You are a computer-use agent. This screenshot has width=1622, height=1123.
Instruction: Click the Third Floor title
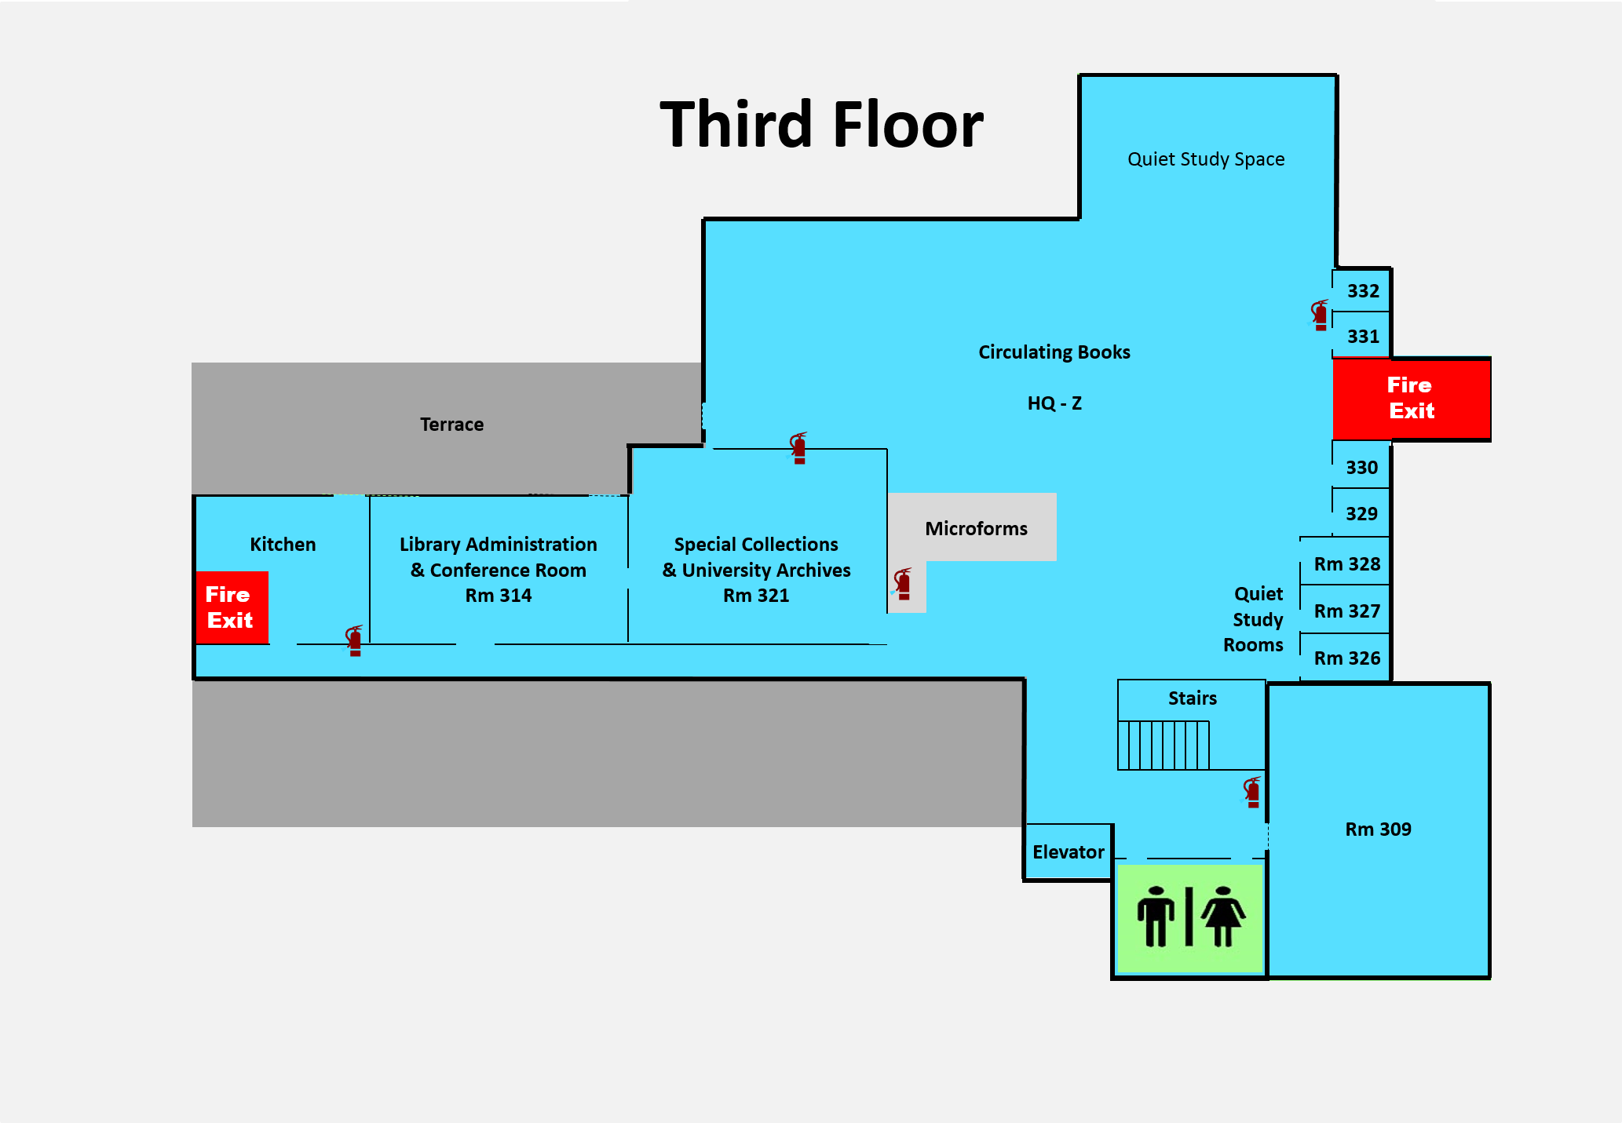(821, 125)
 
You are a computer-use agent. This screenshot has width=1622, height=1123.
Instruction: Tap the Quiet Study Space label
(1206, 159)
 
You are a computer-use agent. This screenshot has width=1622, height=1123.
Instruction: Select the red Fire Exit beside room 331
(1411, 399)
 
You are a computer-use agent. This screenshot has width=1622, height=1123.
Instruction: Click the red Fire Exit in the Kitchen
(231, 607)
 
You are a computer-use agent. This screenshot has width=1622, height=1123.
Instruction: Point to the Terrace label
(451, 425)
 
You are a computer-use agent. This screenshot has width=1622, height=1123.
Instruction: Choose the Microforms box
(975, 528)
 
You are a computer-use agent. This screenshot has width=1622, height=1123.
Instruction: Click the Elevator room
(1068, 851)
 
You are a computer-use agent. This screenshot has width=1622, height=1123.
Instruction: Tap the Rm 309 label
(1378, 829)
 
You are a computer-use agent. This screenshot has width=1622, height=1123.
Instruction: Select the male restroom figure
(1155, 916)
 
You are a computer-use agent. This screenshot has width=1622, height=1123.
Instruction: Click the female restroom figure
(1223, 916)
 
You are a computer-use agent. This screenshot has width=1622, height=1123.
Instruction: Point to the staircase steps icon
(1164, 745)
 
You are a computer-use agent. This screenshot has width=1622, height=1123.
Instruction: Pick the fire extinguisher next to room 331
(1321, 315)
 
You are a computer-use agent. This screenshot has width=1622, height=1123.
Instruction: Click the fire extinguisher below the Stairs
(1253, 793)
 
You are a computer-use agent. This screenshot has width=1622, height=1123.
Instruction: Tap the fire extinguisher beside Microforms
(904, 585)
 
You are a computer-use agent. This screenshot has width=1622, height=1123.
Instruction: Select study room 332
(1363, 291)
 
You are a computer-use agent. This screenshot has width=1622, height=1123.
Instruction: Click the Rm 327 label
(1347, 611)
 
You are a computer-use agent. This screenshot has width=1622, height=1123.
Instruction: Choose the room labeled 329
(1361, 514)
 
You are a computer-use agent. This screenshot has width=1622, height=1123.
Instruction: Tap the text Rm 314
(499, 596)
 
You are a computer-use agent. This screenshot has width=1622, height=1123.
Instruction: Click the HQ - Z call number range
(1054, 403)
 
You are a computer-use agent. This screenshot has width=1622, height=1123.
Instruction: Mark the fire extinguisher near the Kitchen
(355, 641)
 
